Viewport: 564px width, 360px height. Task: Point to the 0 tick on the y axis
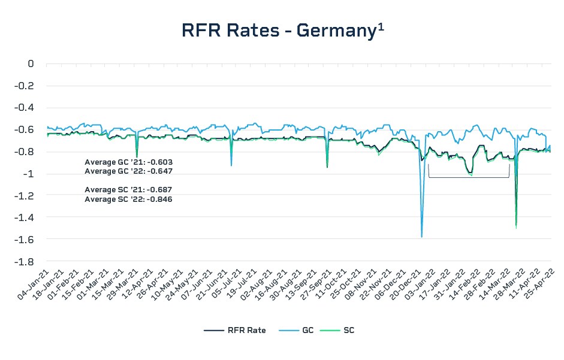click(x=31, y=63)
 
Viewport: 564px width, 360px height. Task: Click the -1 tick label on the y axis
click(x=28, y=174)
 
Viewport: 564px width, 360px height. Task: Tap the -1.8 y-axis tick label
click(x=24, y=262)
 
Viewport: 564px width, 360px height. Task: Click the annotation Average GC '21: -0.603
click(x=128, y=162)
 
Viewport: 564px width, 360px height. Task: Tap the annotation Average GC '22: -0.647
click(x=128, y=171)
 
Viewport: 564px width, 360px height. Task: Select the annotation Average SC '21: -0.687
click(x=128, y=190)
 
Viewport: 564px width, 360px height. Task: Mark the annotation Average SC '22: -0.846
click(x=128, y=199)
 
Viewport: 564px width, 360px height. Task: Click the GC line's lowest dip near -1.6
click(x=422, y=237)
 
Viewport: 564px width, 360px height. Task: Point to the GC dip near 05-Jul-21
click(x=231, y=165)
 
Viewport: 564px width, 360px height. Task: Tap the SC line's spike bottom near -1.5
click(x=516, y=226)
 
